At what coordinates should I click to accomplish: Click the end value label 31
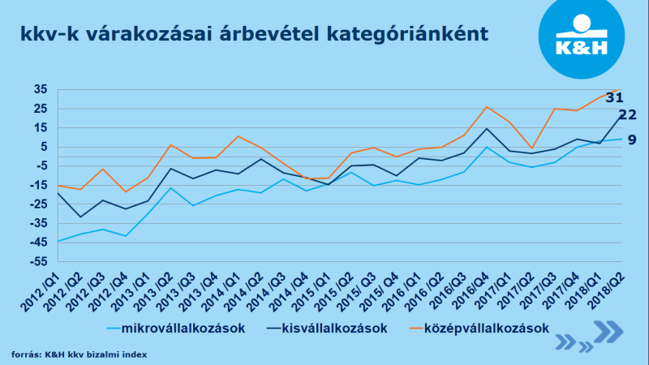click(x=614, y=97)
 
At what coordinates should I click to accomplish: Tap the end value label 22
click(x=627, y=115)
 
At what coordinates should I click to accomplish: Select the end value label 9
click(x=632, y=140)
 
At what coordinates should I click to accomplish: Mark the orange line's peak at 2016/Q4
click(x=486, y=107)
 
